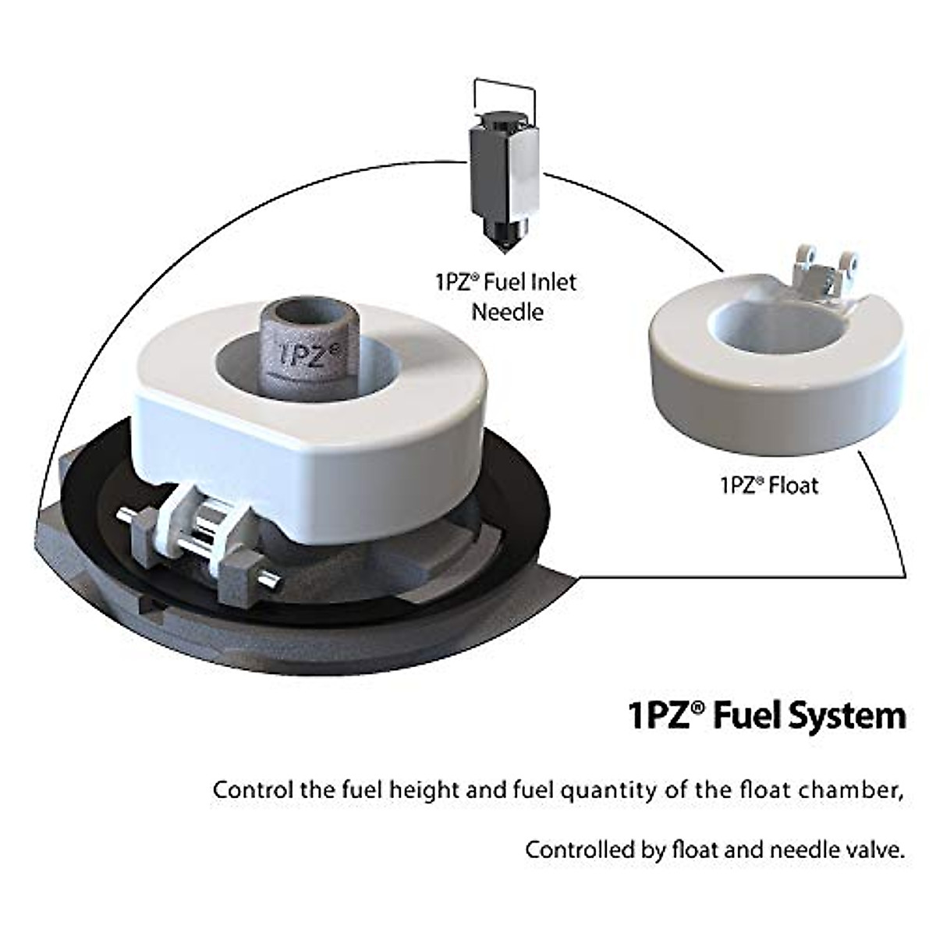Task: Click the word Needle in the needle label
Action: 507,312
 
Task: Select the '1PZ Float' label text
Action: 768,485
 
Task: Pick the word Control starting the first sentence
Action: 253,789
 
